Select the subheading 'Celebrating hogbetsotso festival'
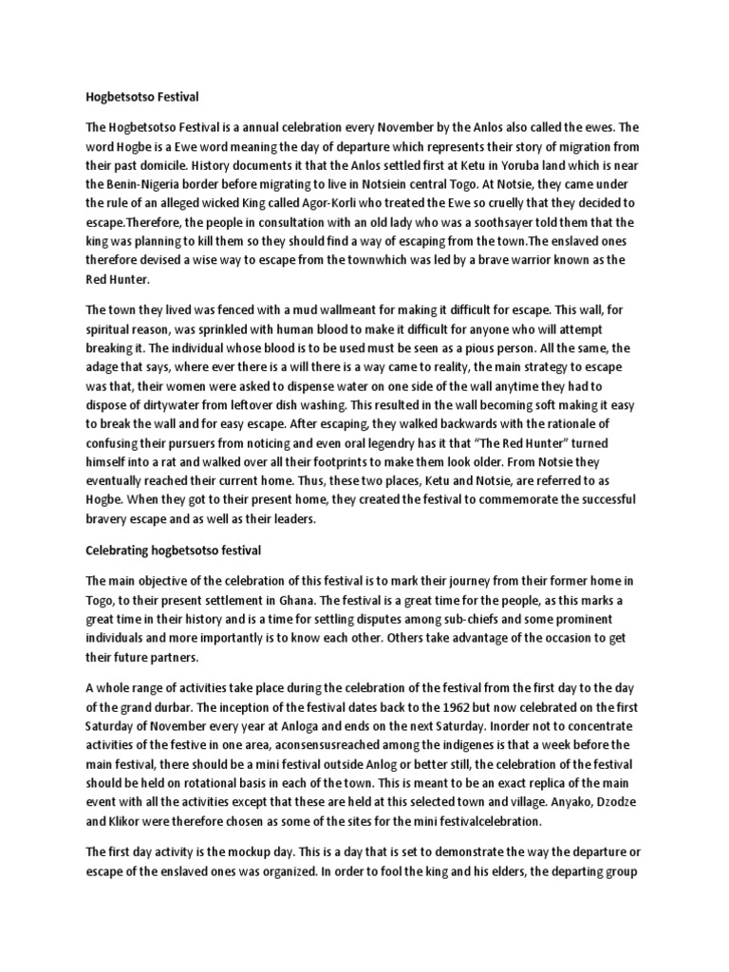coord(173,550)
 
